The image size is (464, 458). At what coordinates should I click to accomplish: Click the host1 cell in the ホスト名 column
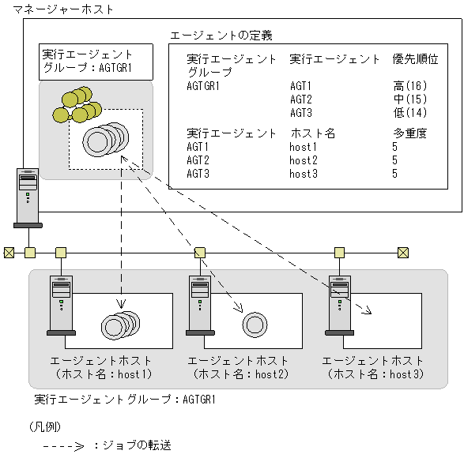click(304, 147)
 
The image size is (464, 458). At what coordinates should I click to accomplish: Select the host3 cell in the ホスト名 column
click(304, 174)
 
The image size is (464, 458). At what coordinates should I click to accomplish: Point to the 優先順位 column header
click(415, 59)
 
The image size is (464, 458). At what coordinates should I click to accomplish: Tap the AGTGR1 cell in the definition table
click(203, 86)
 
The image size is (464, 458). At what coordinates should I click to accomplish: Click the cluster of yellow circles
click(77, 106)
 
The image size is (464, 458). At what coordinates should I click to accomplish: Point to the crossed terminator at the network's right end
click(403, 253)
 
